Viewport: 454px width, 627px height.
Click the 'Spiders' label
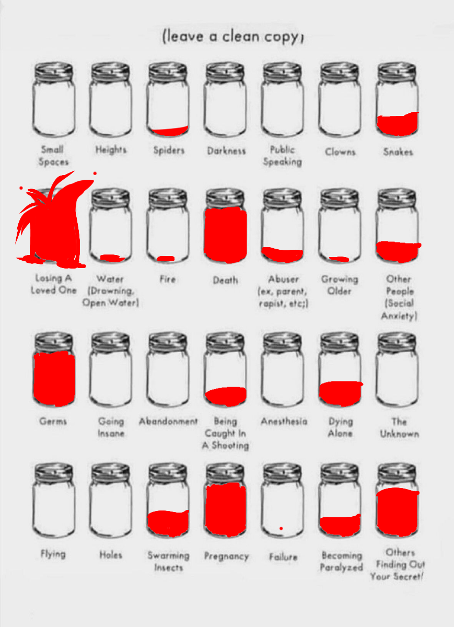(x=169, y=150)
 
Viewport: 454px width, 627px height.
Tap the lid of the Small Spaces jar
(x=53, y=71)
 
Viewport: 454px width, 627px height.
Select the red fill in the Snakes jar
(x=398, y=123)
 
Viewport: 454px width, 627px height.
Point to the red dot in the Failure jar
(x=281, y=529)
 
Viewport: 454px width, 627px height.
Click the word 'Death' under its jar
(x=225, y=281)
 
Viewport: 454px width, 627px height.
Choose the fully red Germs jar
(x=54, y=377)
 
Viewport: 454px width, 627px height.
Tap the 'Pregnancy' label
(x=226, y=556)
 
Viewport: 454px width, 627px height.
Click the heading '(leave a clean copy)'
(x=233, y=37)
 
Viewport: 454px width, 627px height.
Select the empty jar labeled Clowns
(x=340, y=102)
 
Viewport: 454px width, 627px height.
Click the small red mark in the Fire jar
(x=166, y=259)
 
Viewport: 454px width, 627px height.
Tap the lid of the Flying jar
(x=53, y=473)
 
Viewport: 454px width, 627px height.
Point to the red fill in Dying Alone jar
(x=340, y=392)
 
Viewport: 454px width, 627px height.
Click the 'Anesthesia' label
(x=284, y=422)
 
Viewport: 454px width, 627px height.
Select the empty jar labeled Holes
(x=111, y=504)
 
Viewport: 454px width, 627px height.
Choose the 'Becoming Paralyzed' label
(x=341, y=562)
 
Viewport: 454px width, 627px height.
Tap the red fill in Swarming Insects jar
(x=168, y=521)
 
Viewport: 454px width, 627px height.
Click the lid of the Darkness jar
(x=225, y=71)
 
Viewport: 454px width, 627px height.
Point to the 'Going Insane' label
(x=111, y=427)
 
